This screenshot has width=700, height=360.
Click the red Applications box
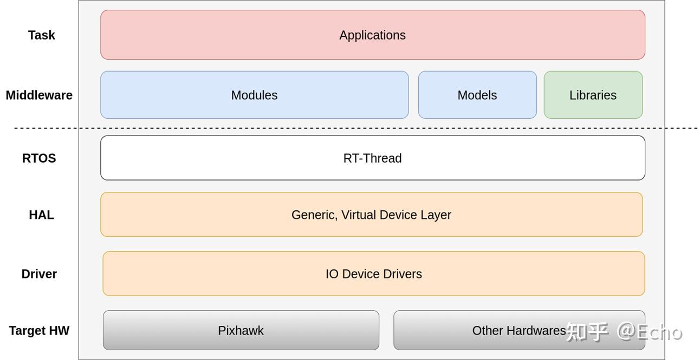click(x=373, y=35)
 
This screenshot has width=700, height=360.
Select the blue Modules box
click(x=255, y=95)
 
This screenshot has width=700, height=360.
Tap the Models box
click(x=477, y=95)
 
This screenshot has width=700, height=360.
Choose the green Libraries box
click(x=593, y=95)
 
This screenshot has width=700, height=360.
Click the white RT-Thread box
click(x=373, y=158)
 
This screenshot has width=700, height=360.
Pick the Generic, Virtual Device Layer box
click(x=372, y=215)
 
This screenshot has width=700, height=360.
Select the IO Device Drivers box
click(x=374, y=274)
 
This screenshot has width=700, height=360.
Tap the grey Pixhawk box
click(x=241, y=330)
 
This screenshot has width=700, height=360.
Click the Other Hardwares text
click(x=519, y=331)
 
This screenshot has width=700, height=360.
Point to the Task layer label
click(x=42, y=35)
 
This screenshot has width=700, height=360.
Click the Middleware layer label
click(x=39, y=95)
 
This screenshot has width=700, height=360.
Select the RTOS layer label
click(x=39, y=158)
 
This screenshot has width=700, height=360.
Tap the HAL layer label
click(x=42, y=215)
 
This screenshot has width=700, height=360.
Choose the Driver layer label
click(x=39, y=274)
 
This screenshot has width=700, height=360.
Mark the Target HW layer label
click(x=39, y=331)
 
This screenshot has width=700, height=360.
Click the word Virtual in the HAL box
click(x=359, y=215)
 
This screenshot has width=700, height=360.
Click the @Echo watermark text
click(x=650, y=332)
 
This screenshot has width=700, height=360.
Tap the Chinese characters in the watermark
click(x=587, y=332)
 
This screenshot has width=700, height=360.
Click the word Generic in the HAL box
click(x=314, y=215)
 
